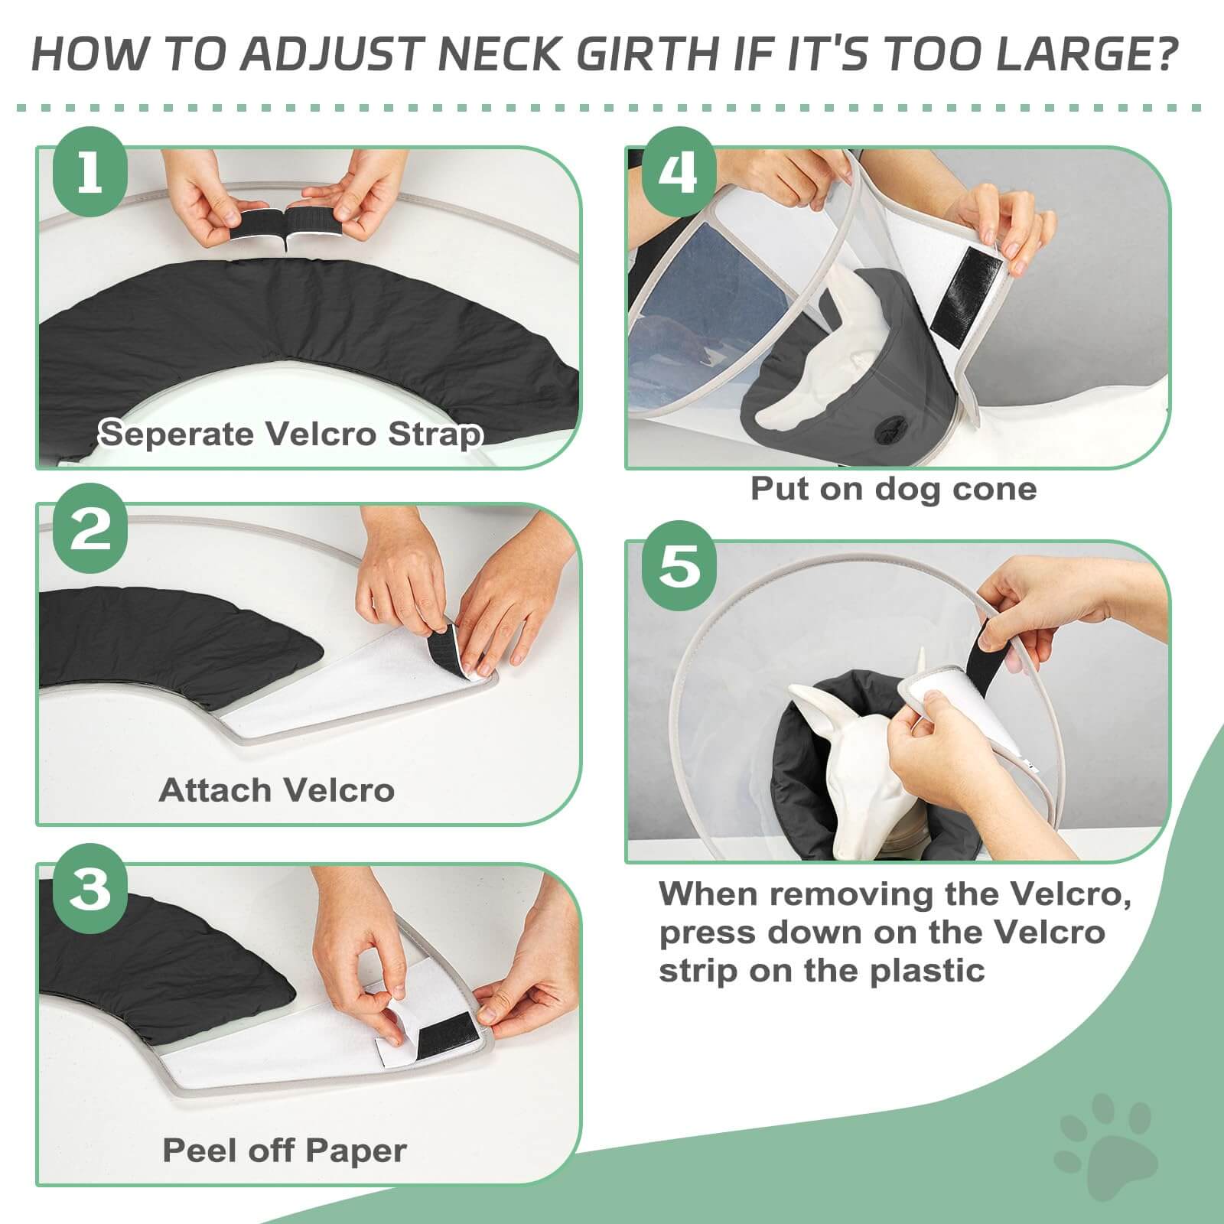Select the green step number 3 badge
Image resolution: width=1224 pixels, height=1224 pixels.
click(90, 889)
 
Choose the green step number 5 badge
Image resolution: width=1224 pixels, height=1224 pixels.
click(679, 567)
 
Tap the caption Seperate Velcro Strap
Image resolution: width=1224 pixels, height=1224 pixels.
click(291, 434)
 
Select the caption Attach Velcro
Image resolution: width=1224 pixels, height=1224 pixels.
click(276, 790)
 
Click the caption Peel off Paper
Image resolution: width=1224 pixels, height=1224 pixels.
click(284, 1150)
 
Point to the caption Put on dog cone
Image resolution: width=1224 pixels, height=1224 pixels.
click(893, 488)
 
